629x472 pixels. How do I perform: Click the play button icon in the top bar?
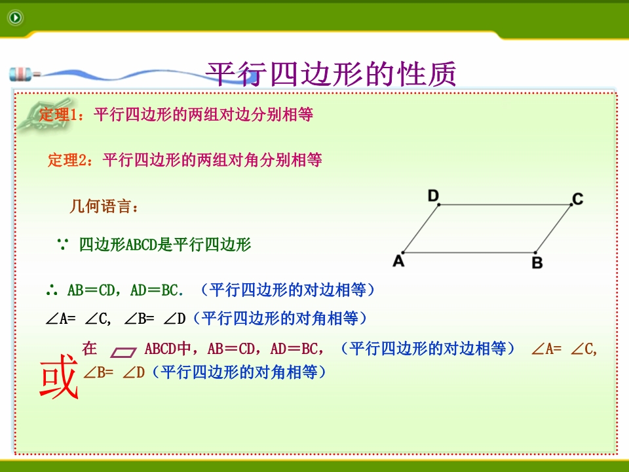(x=16, y=18)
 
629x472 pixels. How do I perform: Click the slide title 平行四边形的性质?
(x=331, y=74)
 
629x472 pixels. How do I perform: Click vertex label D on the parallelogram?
(x=433, y=196)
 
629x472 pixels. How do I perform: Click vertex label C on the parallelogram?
(x=578, y=199)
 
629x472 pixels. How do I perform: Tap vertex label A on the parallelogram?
(x=398, y=261)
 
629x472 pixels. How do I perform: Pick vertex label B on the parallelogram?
(x=537, y=263)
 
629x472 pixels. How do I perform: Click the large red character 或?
(x=59, y=376)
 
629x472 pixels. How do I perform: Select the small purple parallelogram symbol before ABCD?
(x=124, y=353)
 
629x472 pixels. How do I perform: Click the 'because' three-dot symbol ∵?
(x=63, y=244)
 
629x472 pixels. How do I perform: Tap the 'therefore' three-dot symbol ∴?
(x=52, y=290)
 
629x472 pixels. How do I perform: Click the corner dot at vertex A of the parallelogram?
(x=403, y=253)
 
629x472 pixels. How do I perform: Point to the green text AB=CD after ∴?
(x=92, y=290)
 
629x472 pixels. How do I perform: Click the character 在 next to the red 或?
(x=90, y=348)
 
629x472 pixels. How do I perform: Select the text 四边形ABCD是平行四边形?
(x=165, y=245)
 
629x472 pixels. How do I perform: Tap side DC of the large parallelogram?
(x=505, y=205)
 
